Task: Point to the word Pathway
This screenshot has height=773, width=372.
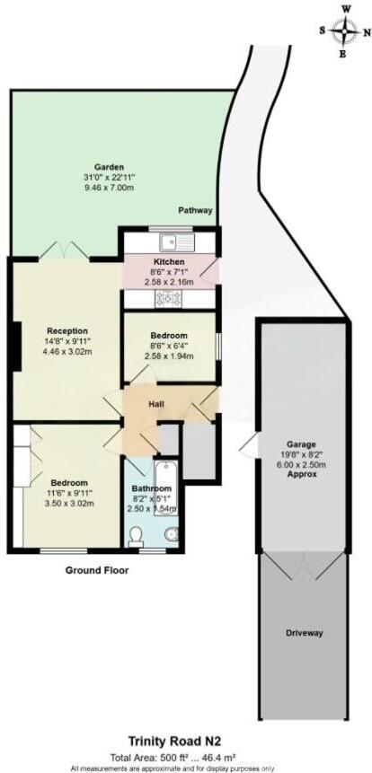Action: (195, 211)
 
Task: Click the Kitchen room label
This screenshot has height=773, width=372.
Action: (169, 262)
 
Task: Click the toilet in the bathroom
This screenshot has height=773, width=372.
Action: (137, 535)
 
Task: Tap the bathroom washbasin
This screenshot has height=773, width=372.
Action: (171, 536)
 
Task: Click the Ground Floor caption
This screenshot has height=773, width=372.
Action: (96, 570)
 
